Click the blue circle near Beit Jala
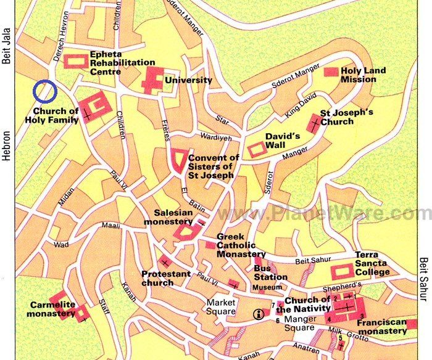click(x=45, y=91)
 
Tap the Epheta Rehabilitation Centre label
click(x=122, y=62)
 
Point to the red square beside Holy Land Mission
click(x=331, y=72)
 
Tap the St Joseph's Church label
click(x=346, y=117)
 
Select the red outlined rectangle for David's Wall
click(x=255, y=149)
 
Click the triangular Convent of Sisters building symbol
click(x=178, y=160)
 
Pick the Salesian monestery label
click(x=168, y=217)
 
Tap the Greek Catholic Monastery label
click(x=241, y=245)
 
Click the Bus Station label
click(x=270, y=272)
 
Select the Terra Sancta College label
click(x=372, y=263)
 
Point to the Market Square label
click(x=222, y=307)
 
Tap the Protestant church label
click(x=165, y=278)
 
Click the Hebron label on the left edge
click(x=7, y=145)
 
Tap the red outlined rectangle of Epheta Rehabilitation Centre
click(x=77, y=61)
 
